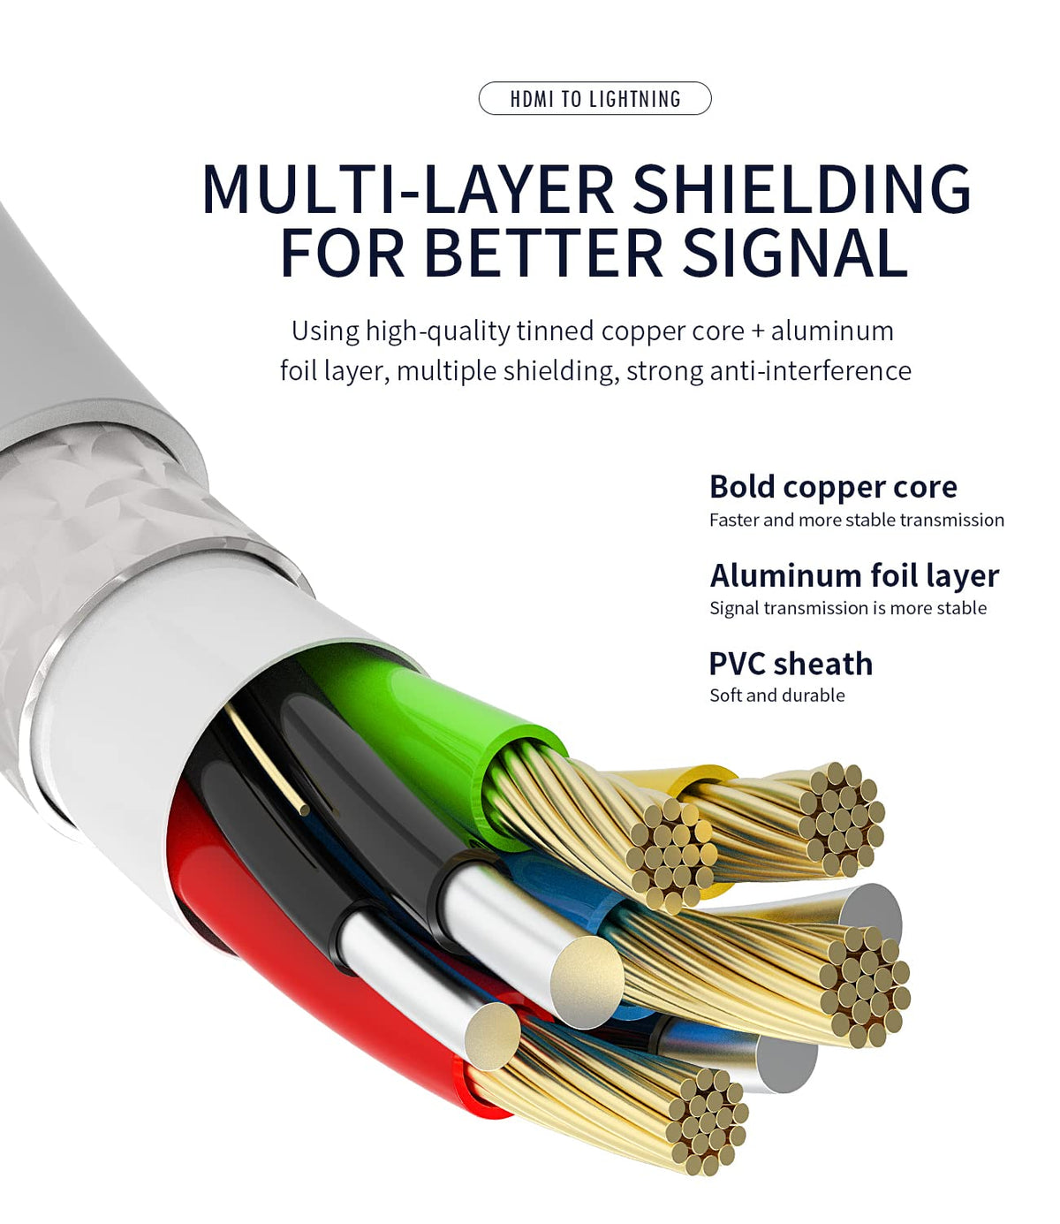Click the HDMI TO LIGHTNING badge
click(x=594, y=98)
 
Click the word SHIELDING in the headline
click(x=802, y=189)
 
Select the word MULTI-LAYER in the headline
click(x=407, y=189)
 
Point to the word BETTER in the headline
click(x=543, y=254)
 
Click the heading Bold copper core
click(x=833, y=487)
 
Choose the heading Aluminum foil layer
click(x=854, y=575)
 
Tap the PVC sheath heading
click(x=791, y=664)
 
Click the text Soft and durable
click(x=776, y=696)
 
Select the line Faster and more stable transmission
click(x=856, y=520)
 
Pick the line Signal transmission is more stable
click(x=848, y=608)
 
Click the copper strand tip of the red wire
click(x=707, y=1122)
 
